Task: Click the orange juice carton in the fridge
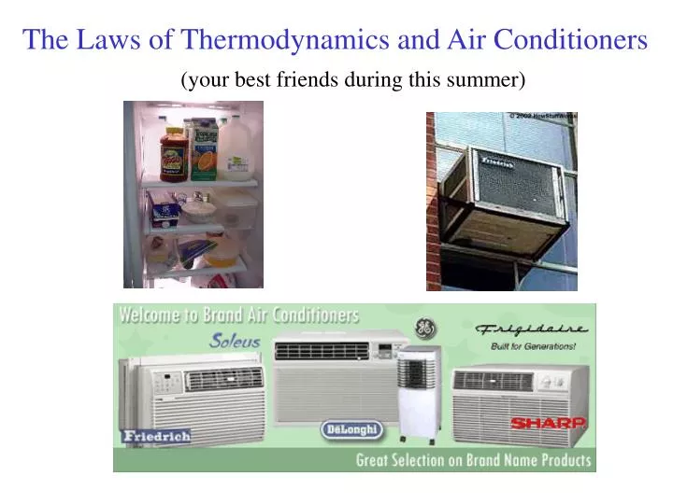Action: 203,151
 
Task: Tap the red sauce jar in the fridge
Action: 173,154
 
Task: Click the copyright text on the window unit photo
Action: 543,116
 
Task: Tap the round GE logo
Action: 424,329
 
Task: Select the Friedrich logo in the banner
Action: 156,436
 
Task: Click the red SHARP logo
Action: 548,423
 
